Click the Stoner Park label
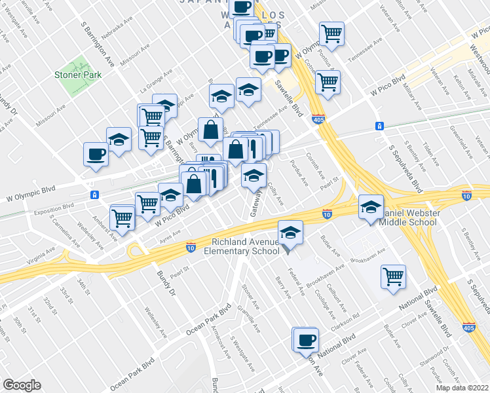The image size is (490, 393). [x=78, y=75]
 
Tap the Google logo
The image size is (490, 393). [x=22, y=385]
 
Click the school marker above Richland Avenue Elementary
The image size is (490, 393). [x=290, y=232]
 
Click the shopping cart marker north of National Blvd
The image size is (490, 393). [x=393, y=277]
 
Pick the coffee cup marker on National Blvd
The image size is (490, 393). [x=306, y=340]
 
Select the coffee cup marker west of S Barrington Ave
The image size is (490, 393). [x=96, y=155]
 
